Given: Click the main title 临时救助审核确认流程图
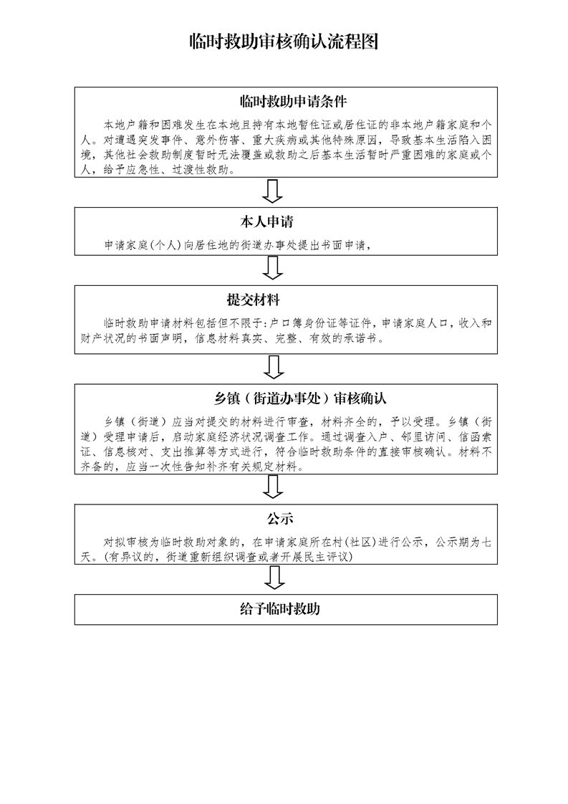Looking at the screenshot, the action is pyautogui.click(x=284, y=42).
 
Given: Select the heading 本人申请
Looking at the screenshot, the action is pyautogui.click(x=266, y=222).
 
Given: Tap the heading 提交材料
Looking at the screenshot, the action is pyautogui.click(x=254, y=300).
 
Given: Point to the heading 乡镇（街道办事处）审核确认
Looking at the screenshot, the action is pyautogui.click(x=300, y=398).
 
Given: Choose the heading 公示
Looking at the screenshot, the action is pyautogui.click(x=280, y=519).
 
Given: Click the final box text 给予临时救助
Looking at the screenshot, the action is pyautogui.click(x=280, y=609).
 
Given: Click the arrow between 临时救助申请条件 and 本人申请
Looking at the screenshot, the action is pyautogui.click(x=273, y=192).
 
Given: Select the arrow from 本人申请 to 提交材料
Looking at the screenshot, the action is pyautogui.click(x=273, y=268).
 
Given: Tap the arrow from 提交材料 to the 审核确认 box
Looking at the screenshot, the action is pyautogui.click(x=273, y=367).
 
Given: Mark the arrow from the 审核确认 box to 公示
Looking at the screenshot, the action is pyautogui.click(x=273, y=487).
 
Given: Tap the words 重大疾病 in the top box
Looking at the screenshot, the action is pyautogui.click(x=274, y=140).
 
